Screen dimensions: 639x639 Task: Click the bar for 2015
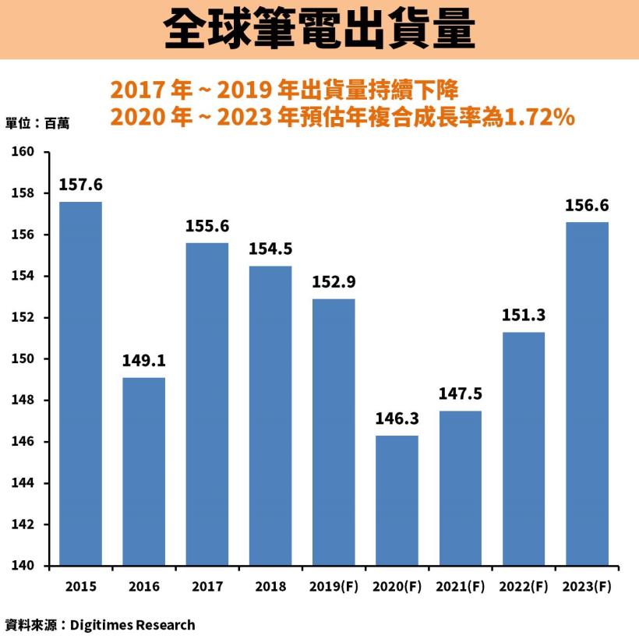pos(80,383)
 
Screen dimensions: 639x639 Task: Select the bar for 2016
pos(143,471)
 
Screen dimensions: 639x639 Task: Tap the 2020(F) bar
pos(397,500)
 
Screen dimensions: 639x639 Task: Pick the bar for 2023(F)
pos(587,394)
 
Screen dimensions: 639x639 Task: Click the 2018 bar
pos(270,415)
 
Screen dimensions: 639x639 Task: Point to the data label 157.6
pos(80,185)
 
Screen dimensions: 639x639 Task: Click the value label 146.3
pos(397,419)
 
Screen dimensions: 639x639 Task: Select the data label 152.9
pos(334,282)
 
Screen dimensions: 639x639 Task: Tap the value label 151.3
pos(524,316)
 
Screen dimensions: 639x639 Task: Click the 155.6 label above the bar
pos(207,226)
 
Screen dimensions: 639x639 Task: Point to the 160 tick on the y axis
pos(28,152)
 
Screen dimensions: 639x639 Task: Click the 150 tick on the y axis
pos(28,359)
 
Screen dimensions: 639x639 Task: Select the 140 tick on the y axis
pos(28,566)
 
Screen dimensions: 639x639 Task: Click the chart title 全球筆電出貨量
pos(319,30)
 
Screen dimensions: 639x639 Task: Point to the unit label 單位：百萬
pos(37,122)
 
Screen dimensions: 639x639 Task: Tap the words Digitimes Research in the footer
pos(132,625)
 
